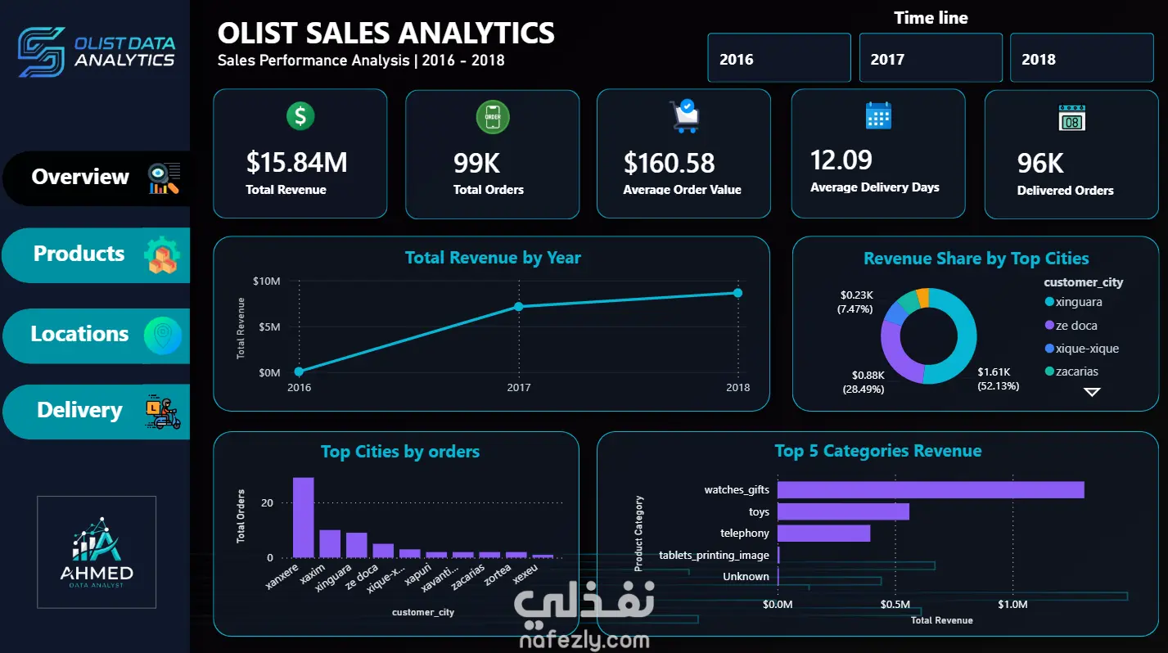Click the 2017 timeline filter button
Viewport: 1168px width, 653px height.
click(931, 58)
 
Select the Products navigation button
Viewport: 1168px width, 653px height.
click(97, 254)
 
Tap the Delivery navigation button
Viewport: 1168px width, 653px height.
click(97, 412)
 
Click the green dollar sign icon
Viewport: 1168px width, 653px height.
click(300, 115)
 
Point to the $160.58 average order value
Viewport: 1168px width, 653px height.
click(669, 163)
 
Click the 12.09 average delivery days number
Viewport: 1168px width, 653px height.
click(841, 160)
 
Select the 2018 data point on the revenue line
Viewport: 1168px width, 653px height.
click(737, 293)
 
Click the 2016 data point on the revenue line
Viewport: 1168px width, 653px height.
click(299, 372)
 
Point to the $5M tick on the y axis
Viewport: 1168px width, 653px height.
click(269, 326)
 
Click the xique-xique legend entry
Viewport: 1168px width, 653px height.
click(1082, 348)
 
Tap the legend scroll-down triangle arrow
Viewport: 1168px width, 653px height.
click(1092, 392)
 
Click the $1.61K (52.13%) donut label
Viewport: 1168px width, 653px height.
click(998, 379)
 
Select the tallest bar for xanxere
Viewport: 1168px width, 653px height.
click(304, 517)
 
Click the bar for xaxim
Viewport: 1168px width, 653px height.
click(330, 543)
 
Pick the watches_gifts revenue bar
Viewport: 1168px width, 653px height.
click(931, 490)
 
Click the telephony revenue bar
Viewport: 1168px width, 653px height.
click(824, 534)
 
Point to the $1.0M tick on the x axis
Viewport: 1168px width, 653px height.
click(1012, 604)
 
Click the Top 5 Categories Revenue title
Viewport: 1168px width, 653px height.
click(878, 451)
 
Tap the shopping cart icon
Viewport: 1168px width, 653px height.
click(684, 115)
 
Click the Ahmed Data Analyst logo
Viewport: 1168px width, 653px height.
click(97, 552)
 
